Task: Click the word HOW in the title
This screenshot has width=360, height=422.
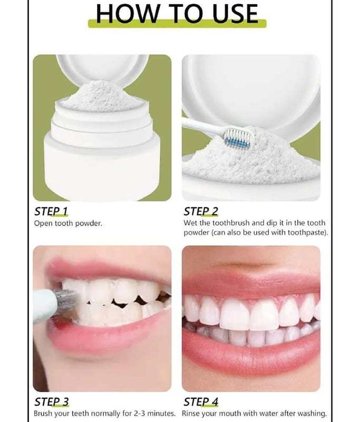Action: pyautogui.click(x=127, y=14)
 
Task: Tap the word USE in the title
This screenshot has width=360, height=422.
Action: pyautogui.click(x=235, y=14)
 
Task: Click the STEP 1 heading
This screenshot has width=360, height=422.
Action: pyautogui.click(x=51, y=212)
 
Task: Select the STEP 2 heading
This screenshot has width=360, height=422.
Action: pyautogui.click(x=201, y=212)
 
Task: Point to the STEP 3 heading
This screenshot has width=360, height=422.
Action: pyautogui.click(x=51, y=402)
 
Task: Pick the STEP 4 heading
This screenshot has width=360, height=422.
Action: pyautogui.click(x=201, y=402)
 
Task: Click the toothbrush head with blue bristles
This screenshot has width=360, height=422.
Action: pyautogui.click(x=238, y=138)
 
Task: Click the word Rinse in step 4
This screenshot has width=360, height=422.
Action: pyautogui.click(x=191, y=413)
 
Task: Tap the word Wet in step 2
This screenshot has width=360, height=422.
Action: pyautogui.click(x=190, y=223)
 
